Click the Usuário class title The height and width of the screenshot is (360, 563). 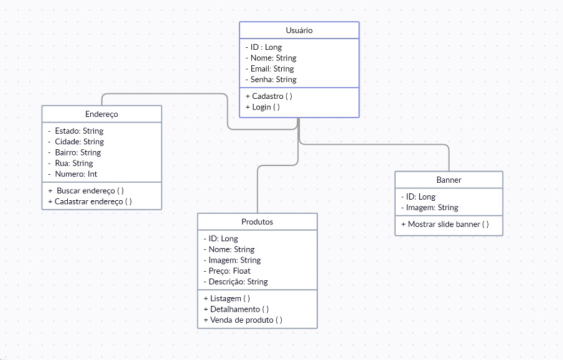pos(299,30)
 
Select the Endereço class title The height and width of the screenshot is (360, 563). pos(101,114)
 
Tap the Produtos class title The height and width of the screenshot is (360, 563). pos(257,222)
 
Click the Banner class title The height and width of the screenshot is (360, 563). pos(449,180)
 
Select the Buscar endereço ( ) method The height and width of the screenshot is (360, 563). pos(90,191)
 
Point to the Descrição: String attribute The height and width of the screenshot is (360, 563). pos(235,282)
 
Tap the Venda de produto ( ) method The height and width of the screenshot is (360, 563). pos(243,320)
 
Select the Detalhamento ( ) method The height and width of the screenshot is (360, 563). pos(236,309)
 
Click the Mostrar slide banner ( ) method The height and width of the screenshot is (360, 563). pos(444,224)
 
